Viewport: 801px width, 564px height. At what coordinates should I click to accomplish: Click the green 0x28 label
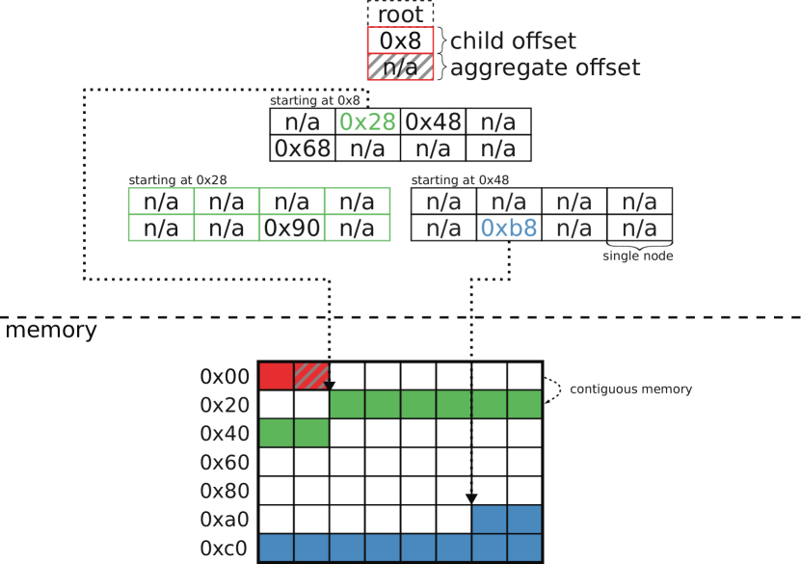(x=367, y=122)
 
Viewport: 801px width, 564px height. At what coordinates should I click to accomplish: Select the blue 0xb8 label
(x=508, y=228)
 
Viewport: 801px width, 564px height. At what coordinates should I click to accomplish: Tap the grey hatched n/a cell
(x=400, y=67)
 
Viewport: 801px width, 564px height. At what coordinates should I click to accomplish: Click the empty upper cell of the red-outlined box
(x=400, y=40)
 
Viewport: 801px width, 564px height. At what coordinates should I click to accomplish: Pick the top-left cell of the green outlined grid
(x=161, y=201)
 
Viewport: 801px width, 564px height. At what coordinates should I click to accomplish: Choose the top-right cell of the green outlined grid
(x=358, y=201)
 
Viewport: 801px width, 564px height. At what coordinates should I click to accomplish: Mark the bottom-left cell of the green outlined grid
(x=161, y=228)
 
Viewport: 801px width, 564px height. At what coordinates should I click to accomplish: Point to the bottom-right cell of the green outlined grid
(x=358, y=228)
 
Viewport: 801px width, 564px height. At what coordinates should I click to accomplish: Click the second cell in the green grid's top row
(x=227, y=201)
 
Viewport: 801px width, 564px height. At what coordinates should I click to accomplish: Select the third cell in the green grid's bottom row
(x=292, y=228)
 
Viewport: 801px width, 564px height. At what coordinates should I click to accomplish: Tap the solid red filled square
(x=276, y=376)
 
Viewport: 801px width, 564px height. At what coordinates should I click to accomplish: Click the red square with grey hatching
(x=311, y=376)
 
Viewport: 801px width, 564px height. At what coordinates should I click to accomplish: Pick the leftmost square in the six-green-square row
(x=347, y=404)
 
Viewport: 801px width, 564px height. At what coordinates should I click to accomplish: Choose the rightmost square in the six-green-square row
(x=524, y=404)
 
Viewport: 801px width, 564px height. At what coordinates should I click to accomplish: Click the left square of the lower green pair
(x=276, y=433)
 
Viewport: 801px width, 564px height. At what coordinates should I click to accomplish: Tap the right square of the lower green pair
(x=311, y=433)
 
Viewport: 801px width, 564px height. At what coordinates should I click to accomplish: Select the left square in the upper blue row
(x=489, y=519)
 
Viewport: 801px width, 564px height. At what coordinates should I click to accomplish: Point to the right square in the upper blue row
(x=524, y=519)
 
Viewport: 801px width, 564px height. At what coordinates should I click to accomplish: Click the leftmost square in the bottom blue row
(x=276, y=548)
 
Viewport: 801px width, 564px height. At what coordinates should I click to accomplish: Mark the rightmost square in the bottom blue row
(x=524, y=548)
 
